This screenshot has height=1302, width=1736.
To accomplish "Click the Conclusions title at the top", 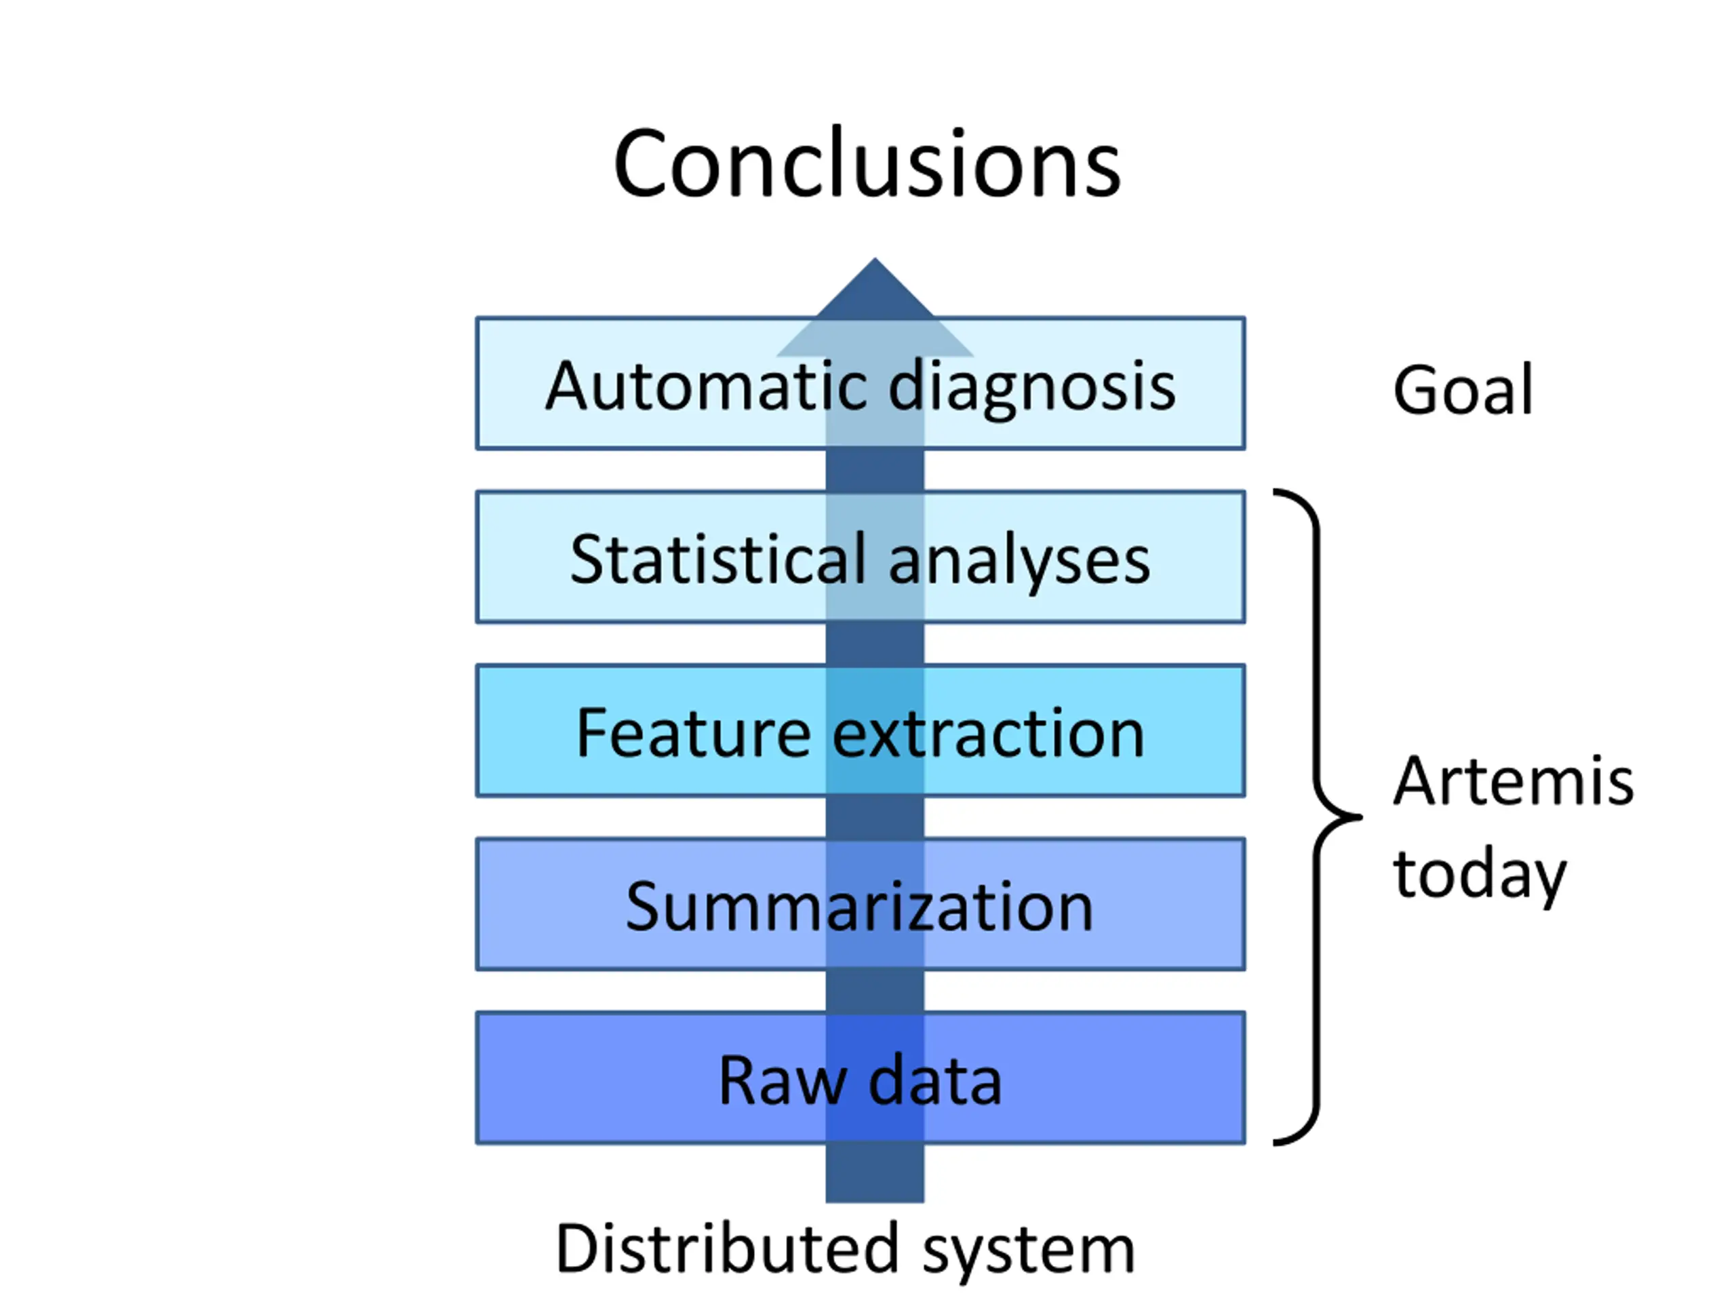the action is (867, 164).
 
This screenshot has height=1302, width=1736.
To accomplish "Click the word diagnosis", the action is (1032, 389).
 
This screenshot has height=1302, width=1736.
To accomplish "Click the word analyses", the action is (1019, 564).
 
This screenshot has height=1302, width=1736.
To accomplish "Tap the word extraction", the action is (988, 734).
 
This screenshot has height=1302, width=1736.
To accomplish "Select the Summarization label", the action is (859, 907).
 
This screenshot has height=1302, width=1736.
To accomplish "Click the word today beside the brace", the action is (1480, 877).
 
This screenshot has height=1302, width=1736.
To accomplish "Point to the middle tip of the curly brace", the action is (1361, 817).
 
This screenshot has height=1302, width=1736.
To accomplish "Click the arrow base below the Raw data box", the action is (874, 1172).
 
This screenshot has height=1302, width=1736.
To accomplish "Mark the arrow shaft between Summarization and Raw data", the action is (874, 991).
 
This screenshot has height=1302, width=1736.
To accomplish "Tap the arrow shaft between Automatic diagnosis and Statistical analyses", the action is (874, 470).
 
